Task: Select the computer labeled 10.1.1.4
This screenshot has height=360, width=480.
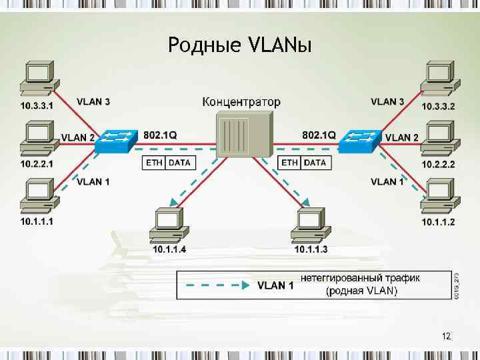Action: point(169,225)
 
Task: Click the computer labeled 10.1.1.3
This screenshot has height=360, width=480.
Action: point(311,225)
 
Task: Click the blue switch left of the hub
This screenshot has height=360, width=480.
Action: point(117,141)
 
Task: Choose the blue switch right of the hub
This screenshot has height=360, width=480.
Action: point(360,140)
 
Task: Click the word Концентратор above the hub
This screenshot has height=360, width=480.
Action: point(241,103)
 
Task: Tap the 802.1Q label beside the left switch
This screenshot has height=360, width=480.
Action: point(160,135)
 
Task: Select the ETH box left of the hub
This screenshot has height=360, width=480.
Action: point(154,162)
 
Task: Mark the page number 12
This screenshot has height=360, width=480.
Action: point(447,336)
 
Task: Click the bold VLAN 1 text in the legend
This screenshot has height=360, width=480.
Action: point(275,285)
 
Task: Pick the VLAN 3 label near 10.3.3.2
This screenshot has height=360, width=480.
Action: point(387,101)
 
